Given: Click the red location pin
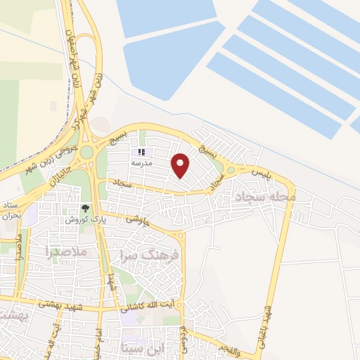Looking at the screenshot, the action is [181, 165].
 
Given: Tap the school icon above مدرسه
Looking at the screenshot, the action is [141, 151].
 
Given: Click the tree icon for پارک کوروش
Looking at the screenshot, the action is [86, 208].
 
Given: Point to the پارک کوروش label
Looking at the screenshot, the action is [82, 219].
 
